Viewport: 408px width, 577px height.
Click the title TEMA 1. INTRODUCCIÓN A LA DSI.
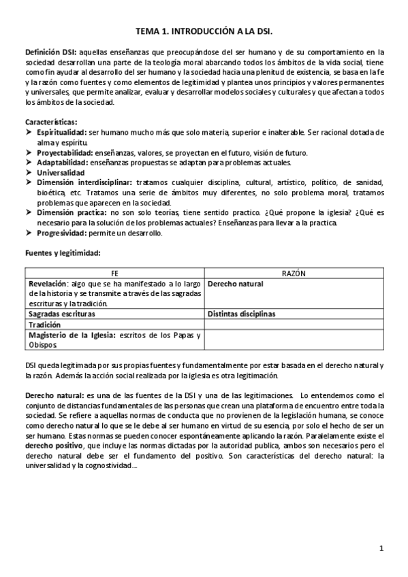204,31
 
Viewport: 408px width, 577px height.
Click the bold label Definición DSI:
51,52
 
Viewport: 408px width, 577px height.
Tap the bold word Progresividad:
62,234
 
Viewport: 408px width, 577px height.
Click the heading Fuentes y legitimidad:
62,253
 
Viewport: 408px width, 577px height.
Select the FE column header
114,273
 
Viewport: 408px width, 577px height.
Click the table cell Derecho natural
236,284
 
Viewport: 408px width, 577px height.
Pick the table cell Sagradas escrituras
61,314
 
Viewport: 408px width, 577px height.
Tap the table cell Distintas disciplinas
241,314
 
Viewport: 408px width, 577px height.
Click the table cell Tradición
44,325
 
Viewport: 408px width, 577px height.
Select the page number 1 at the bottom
381,548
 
